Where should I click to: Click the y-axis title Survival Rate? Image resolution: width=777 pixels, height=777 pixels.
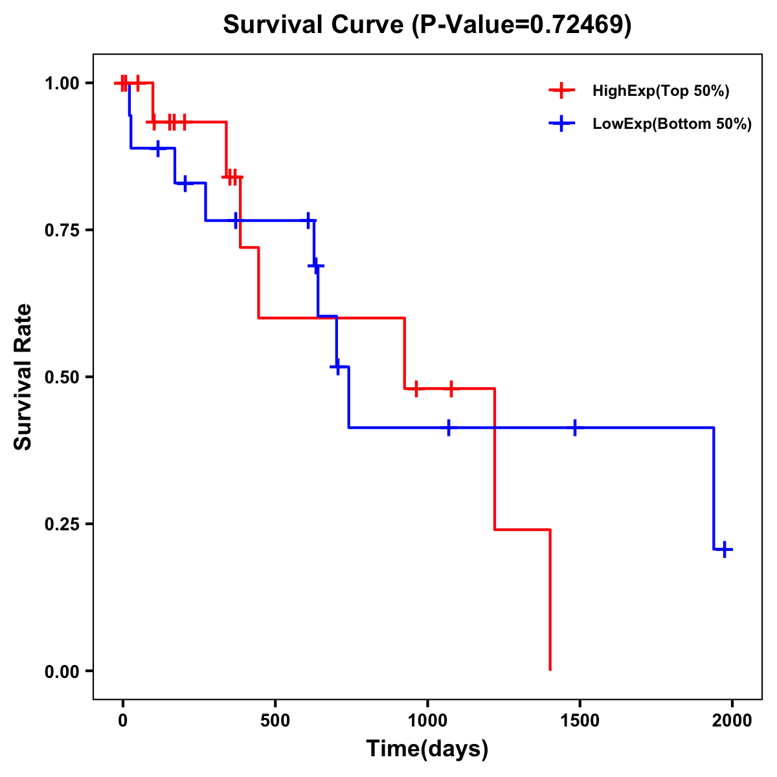click(23, 376)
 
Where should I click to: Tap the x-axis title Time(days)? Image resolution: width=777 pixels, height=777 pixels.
click(427, 749)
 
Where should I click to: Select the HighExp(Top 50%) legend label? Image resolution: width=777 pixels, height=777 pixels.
click(660, 91)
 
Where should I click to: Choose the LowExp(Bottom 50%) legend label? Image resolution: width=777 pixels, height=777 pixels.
click(672, 124)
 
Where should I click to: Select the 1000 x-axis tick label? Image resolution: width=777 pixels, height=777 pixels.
click(427, 720)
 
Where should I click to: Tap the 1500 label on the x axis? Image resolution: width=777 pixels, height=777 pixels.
click(580, 720)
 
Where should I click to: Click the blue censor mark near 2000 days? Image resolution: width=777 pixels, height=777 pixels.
click(725, 549)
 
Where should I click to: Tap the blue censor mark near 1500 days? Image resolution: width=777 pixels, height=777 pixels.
click(574, 427)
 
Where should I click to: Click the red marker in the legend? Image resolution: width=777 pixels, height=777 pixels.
click(561, 91)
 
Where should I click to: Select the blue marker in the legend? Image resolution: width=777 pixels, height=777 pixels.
click(561, 124)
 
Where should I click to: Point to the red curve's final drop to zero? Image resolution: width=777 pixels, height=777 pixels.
click(550, 602)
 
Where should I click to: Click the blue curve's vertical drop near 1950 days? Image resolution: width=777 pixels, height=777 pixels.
click(714, 489)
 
